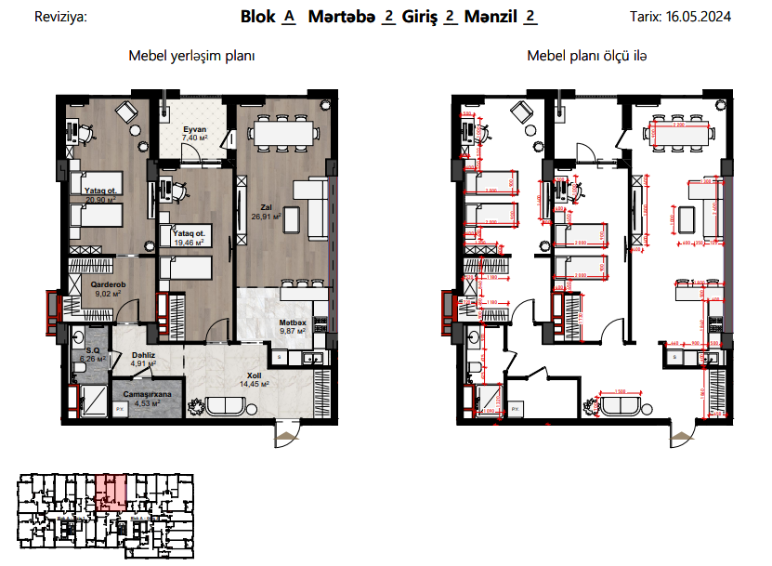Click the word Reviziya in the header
point(59,17)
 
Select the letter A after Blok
point(288,16)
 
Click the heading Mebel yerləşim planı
point(191,56)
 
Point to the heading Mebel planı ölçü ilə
point(587,56)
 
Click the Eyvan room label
point(193,129)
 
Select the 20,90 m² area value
point(99,199)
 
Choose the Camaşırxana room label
point(141,394)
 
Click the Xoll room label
point(254,375)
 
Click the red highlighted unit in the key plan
point(111,490)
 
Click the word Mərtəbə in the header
point(341,16)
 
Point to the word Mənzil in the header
point(491,16)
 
